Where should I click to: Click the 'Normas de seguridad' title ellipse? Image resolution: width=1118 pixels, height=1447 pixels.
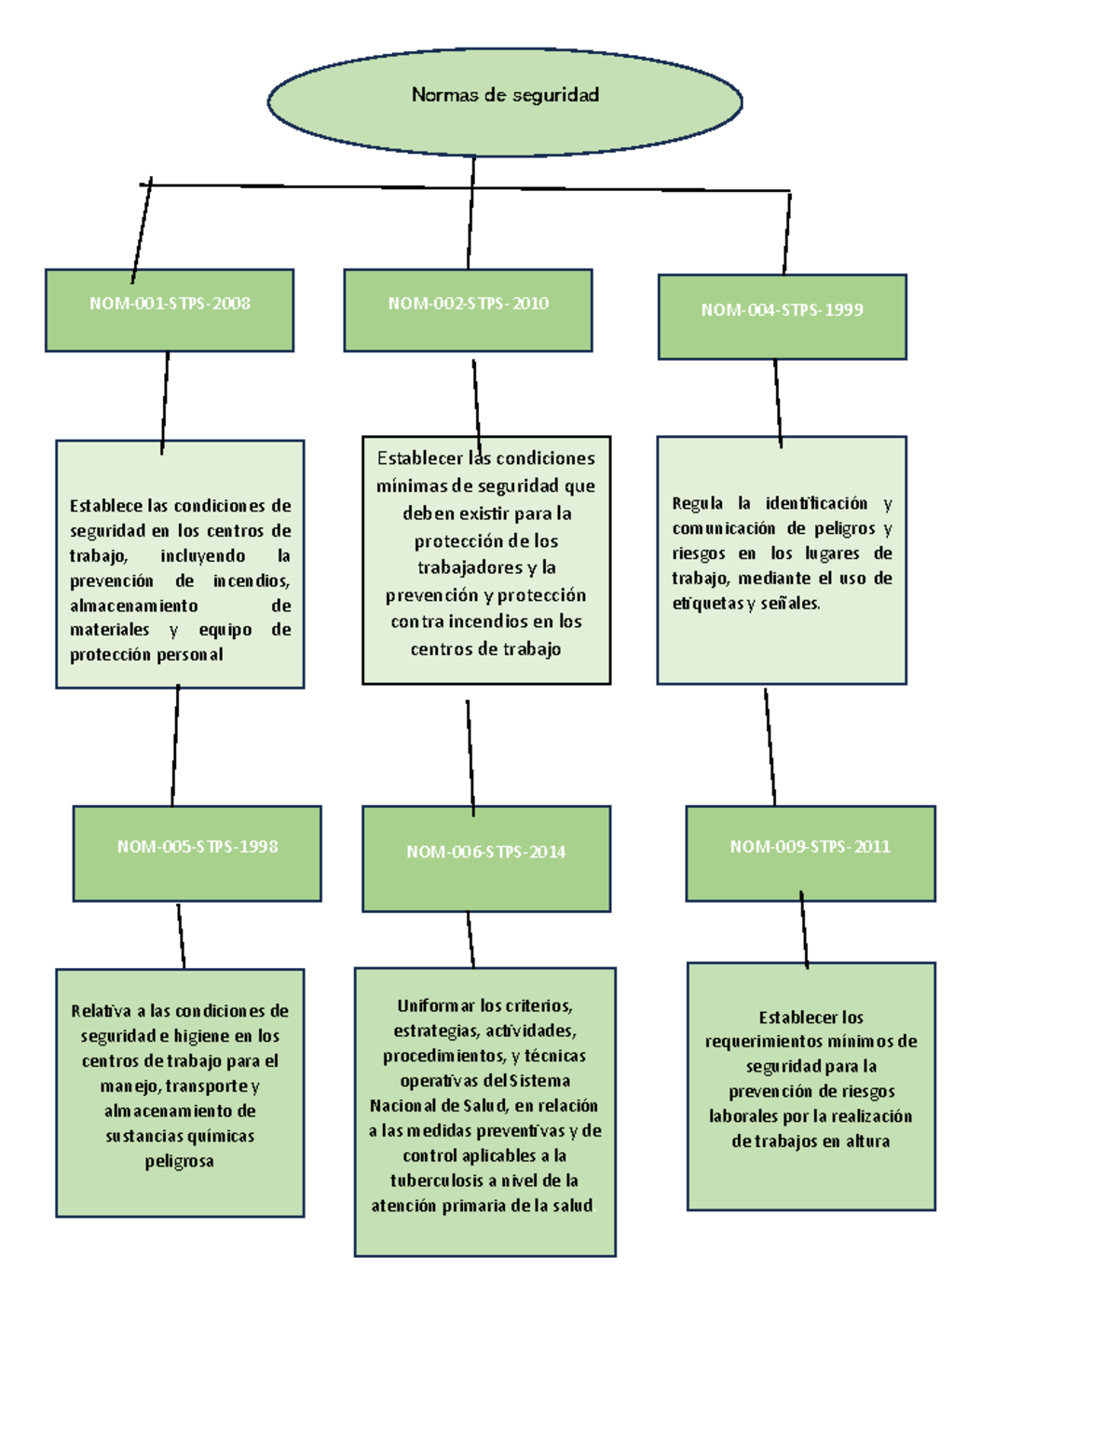coord(505,102)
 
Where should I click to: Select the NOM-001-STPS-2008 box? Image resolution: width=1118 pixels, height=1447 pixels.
coord(170,310)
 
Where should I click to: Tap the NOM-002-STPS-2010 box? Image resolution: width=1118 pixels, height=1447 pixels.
coord(468,310)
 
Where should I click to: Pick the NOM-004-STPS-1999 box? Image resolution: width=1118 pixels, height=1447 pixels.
coord(782,317)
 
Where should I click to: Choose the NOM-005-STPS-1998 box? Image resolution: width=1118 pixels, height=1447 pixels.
coord(198,853)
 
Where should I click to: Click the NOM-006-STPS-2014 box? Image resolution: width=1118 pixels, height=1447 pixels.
coord(486,858)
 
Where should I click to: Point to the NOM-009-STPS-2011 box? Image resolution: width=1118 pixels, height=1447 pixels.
coord(811,853)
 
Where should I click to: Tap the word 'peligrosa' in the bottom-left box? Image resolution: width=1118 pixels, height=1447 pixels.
coord(179,1161)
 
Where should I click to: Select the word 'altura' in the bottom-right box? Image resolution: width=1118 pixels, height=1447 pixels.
coord(867,1141)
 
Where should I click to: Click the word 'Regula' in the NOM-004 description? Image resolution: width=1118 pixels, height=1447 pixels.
coord(697,503)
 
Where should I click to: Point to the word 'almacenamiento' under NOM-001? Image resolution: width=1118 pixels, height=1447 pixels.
coord(133,606)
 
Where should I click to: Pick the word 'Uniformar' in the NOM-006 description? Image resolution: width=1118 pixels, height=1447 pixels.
coord(436,1005)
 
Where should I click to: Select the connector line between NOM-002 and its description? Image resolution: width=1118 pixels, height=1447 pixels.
coord(476,399)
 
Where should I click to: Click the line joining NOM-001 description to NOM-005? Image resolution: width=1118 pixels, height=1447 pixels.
coord(175,745)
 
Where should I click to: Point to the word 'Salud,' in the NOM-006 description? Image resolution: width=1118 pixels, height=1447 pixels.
coord(484,1106)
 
